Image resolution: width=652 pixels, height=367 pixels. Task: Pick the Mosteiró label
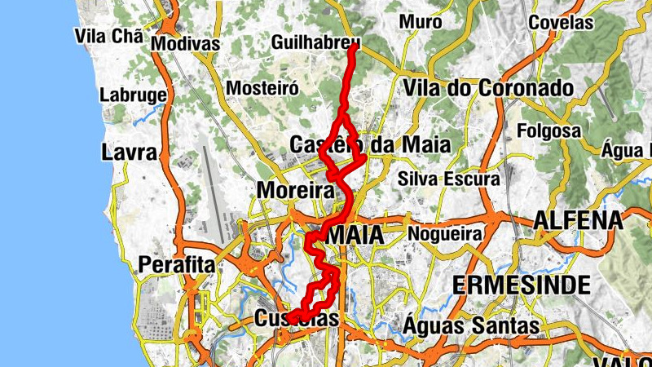[258, 87]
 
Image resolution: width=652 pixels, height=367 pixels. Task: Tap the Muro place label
[421, 22]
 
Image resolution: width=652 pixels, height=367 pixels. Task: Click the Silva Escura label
[444, 178]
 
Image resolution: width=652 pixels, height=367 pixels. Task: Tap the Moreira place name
[295, 191]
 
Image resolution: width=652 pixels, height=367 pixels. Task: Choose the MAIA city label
[357, 235]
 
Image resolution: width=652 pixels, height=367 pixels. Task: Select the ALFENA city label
[578, 220]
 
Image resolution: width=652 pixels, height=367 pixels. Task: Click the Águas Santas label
[471, 326]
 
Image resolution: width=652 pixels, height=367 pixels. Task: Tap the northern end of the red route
[354, 47]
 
